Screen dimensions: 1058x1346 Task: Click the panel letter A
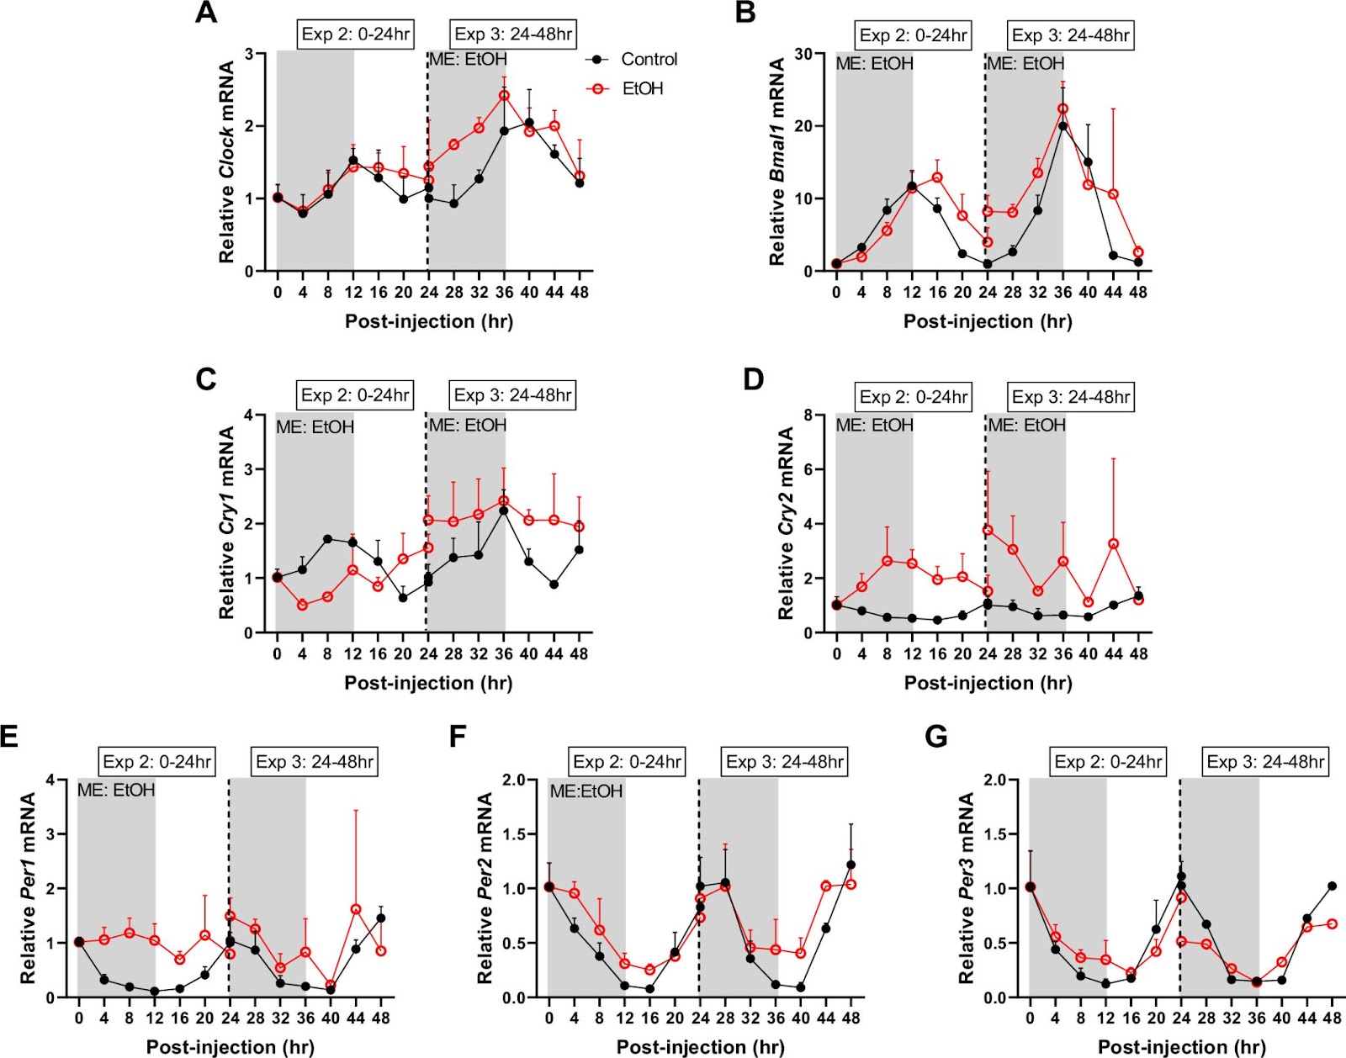click(206, 13)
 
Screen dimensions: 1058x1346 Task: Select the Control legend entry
click(649, 60)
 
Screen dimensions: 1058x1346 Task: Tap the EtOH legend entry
click(643, 89)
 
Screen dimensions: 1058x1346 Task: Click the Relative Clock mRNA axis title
click(227, 162)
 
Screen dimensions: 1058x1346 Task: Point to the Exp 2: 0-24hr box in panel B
click(913, 35)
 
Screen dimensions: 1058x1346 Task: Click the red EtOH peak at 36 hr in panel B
click(1063, 109)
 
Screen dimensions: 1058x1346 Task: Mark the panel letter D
click(753, 379)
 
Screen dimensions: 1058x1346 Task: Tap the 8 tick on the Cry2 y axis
click(808, 415)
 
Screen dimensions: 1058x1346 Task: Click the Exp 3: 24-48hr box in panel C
click(513, 395)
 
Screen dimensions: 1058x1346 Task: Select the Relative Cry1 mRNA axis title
click(227, 523)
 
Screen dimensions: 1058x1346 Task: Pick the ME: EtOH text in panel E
click(116, 791)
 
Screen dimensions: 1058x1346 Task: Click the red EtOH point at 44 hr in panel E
click(356, 910)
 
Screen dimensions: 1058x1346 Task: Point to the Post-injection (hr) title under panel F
click(700, 1047)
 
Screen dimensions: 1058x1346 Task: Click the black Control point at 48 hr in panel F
click(851, 865)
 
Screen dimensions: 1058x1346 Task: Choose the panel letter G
click(936, 737)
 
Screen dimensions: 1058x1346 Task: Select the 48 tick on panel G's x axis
click(1332, 1018)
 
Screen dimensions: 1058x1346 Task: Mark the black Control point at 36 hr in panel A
click(505, 131)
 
